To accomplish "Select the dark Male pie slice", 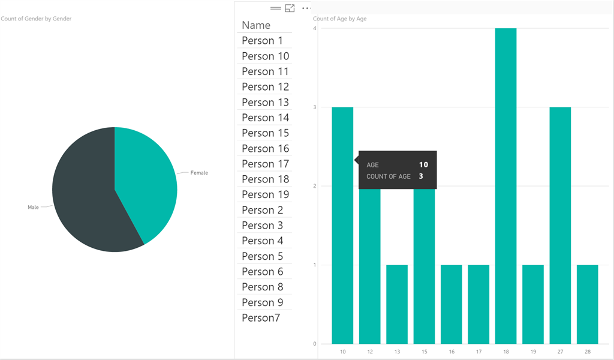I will click(84, 198).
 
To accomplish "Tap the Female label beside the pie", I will click(199, 173).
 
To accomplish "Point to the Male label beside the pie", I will click(33, 207).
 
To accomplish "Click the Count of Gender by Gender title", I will click(36, 19).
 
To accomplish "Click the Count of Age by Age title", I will click(339, 19).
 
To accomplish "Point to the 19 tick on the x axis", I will click(533, 352).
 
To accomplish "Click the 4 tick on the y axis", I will click(315, 28).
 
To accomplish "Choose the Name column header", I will click(256, 25).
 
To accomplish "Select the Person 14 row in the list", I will click(265, 118).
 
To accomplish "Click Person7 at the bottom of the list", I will click(261, 318).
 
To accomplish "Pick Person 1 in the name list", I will click(262, 41).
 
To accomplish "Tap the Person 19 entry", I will click(265, 194).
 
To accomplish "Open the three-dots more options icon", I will click(306, 8).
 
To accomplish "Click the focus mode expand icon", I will click(290, 8).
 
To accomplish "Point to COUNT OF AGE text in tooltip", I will click(389, 176).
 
